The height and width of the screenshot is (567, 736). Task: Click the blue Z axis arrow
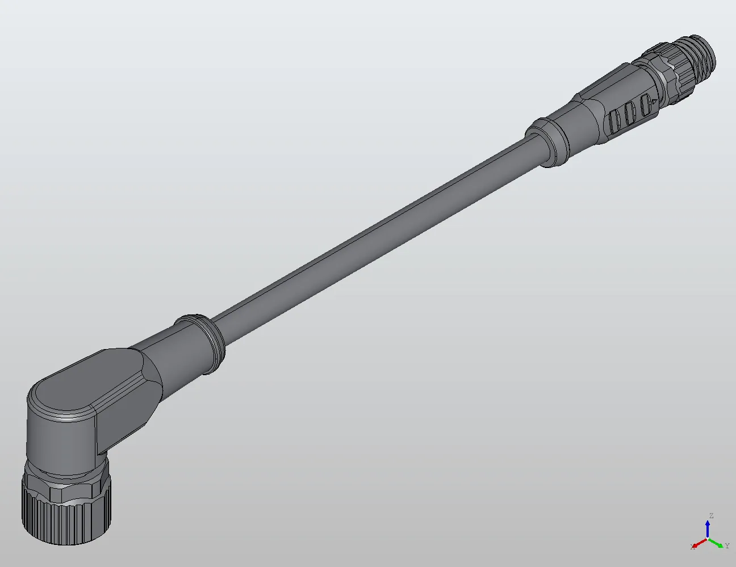708,528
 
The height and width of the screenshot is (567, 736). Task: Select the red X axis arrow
699,543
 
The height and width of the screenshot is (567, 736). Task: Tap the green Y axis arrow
718,543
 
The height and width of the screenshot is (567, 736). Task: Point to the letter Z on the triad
710,516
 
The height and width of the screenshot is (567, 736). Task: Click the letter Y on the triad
727,546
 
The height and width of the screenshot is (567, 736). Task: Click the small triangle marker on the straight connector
655,102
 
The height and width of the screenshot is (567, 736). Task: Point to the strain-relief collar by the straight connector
548,141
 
